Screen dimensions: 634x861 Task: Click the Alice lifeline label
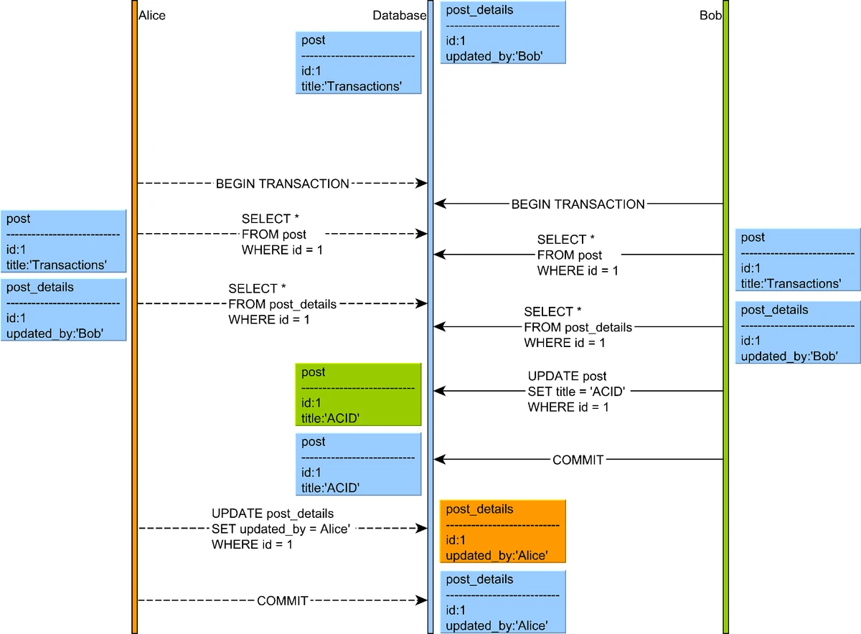[151, 15]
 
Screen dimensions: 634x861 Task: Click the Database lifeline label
[399, 15]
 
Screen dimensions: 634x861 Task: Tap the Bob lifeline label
[710, 15]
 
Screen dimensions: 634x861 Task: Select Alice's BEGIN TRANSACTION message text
[282, 184]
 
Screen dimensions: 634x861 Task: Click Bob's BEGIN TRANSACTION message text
[578, 204]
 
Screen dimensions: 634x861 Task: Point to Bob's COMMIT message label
[578, 460]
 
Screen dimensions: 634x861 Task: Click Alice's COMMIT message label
[282, 601]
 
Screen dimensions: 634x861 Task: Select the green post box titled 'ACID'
[358, 395]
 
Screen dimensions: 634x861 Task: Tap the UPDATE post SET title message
[578, 392]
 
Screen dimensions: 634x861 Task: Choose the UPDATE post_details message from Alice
[281, 529]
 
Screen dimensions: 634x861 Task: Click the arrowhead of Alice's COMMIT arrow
[423, 601]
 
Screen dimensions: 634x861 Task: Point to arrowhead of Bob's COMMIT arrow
[440, 460]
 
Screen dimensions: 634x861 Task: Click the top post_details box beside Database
[503, 33]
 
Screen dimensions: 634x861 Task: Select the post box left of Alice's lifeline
[64, 241]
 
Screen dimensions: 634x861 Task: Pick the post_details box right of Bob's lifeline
[797, 333]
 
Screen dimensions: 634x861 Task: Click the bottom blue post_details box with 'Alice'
[503, 602]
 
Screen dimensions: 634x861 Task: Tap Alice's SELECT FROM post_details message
[282, 304]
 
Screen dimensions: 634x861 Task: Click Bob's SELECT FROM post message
[578, 255]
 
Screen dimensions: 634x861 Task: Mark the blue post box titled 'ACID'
[358, 465]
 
